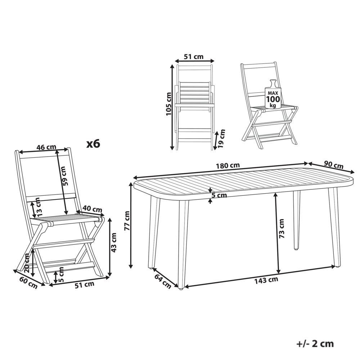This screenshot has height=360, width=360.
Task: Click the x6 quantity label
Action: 93,144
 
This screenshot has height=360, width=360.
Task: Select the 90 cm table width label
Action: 334,165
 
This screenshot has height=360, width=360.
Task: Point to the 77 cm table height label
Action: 127,221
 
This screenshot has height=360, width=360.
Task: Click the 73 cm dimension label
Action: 281,228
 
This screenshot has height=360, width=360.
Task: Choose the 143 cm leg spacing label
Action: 266,280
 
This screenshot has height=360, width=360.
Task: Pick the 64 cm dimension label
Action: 163,281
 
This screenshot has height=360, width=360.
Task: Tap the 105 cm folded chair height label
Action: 168,104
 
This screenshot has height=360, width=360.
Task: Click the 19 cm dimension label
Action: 221,139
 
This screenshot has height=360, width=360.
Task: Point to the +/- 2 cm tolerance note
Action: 315,344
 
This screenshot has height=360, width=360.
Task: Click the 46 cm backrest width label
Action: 46,147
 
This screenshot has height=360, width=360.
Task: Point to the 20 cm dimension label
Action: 27,263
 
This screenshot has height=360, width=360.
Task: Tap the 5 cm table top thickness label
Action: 219,195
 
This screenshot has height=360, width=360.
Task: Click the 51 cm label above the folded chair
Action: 194,57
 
